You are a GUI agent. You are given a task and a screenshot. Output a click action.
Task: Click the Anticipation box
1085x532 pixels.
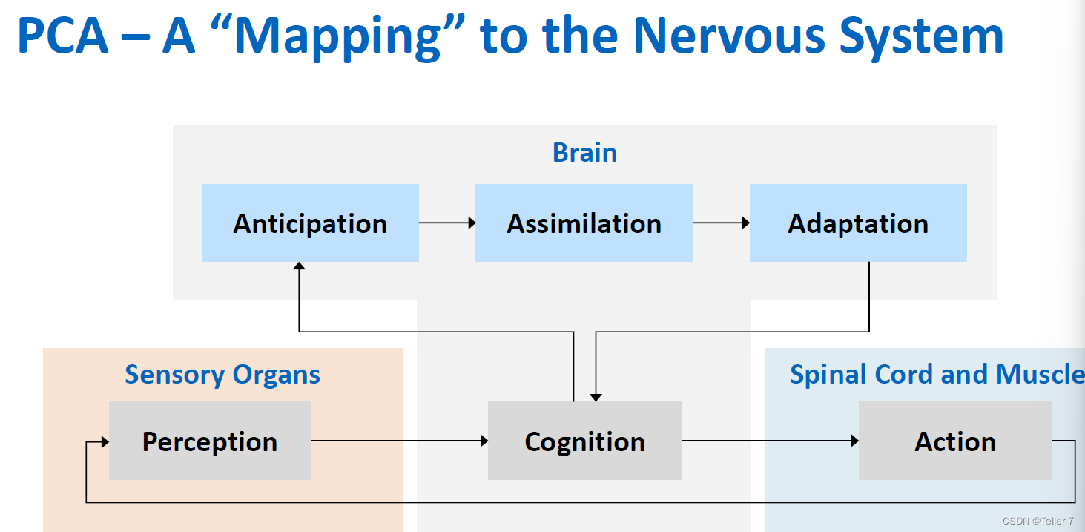point(310,223)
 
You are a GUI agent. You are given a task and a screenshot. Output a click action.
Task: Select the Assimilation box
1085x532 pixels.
point(584,223)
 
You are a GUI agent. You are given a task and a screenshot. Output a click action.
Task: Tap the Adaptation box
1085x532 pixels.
point(858,223)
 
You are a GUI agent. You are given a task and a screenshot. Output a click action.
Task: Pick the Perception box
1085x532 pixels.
point(210,441)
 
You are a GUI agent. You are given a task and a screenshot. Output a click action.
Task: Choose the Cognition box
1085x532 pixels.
point(585,441)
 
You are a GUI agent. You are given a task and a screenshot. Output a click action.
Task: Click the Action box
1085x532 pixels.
point(956,441)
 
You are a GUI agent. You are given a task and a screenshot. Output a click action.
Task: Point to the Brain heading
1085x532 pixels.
point(584,153)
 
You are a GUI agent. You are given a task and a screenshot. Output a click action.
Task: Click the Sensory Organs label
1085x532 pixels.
point(222,375)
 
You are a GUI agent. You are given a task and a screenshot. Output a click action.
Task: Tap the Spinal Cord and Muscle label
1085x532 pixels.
point(937,375)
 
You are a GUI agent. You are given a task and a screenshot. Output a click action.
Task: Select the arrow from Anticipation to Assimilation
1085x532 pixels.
point(447,223)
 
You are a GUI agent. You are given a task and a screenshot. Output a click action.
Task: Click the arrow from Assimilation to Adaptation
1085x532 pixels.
point(722,223)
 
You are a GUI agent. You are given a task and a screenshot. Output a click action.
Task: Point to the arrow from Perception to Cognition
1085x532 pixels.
point(400,441)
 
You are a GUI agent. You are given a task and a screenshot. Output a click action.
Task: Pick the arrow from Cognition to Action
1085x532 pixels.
point(771,441)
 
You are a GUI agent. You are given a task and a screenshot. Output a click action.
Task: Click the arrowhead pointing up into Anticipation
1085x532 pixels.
point(299,266)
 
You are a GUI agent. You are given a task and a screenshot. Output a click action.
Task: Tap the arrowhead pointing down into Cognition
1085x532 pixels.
point(596,398)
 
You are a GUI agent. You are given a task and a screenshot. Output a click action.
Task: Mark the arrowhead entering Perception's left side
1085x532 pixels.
point(105,441)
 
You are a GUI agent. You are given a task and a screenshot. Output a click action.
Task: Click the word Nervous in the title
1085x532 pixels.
point(729,36)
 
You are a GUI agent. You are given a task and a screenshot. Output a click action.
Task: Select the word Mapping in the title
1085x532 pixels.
point(337,38)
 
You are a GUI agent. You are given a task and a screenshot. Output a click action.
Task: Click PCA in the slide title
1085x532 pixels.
point(63,36)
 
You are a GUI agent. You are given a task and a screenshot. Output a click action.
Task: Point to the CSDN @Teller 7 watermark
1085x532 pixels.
point(1038,521)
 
